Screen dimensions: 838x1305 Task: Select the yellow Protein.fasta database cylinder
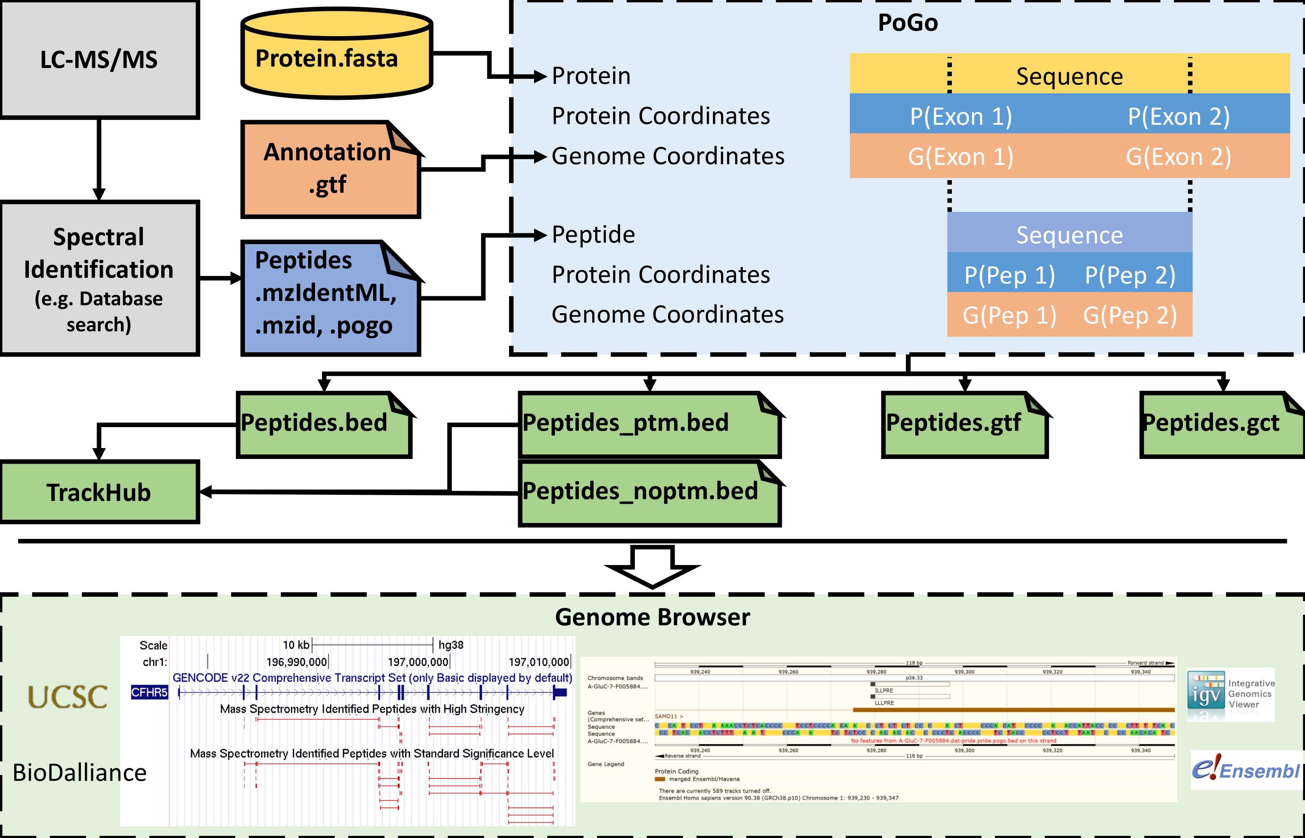point(336,54)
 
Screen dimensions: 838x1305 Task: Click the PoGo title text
point(908,23)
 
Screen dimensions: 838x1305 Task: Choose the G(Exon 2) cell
point(1178,157)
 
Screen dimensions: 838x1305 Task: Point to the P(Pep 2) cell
point(1130,275)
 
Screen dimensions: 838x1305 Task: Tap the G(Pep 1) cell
point(1009,315)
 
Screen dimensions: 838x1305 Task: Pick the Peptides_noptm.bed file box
point(649,493)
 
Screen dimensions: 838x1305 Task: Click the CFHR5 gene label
point(149,692)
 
